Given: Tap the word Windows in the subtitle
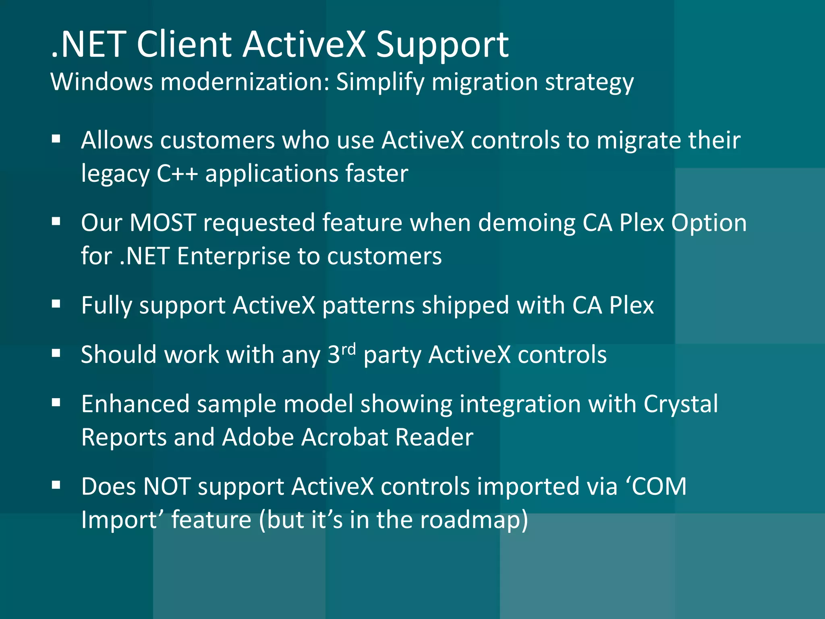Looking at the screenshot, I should click(x=102, y=82).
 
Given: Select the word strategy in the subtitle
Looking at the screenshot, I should click(x=589, y=83).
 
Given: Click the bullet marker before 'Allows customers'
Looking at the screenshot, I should click(x=56, y=139).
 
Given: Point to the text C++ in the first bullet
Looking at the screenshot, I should click(x=177, y=174).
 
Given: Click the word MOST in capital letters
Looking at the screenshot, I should click(x=163, y=222).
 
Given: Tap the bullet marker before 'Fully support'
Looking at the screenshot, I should click(x=56, y=304).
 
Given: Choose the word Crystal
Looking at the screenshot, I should click(x=680, y=404).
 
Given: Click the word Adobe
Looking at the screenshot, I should click(x=258, y=437).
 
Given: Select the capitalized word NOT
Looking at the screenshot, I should click(x=167, y=486).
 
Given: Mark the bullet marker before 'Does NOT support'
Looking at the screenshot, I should click(x=56, y=486).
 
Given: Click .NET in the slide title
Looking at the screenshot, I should click(x=89, y=45).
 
